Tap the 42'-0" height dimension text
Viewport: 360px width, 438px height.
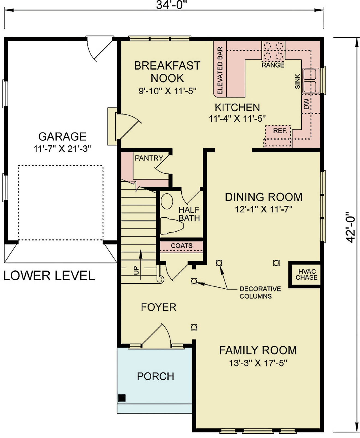pyautogui.click(x=351, y=227)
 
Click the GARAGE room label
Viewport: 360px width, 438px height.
pyautogui.click(x=62, y=136)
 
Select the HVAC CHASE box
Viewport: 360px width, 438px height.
pyautogui.click(x=306, y=275)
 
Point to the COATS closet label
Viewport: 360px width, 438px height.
pyautogui.click(x=182, y=246)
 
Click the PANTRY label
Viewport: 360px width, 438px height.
pyautogui.click(x=149, y=158)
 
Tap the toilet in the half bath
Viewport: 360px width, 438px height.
pyautogui.click(x=170, y=226)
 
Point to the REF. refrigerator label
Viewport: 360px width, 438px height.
pyautogui.click(x=280, y=131)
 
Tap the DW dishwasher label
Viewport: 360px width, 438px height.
pyautogui.click(x=306, y=104)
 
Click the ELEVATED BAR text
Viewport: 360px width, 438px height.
pyautogui.click(x=220, y=71)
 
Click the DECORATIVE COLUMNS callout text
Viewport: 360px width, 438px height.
pyautogui.click(x=260, y=292)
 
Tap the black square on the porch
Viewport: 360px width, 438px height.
pyautogui.click(x=122, y=398)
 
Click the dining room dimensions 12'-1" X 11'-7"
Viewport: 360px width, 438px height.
pyautogui.click(x=263, y=209)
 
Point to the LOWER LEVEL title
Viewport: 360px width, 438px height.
pyautogui.click(x=49, y=276)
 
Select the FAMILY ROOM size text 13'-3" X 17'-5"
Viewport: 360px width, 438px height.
pyautogui.click(x=258, y=363)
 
